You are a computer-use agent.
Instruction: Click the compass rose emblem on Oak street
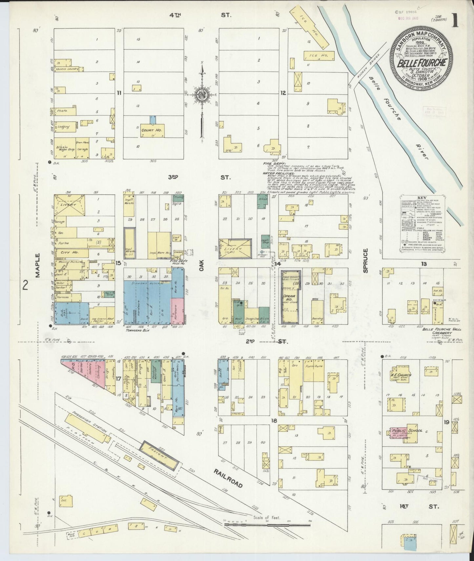click(202, 95)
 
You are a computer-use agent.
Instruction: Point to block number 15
click(118, 263)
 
